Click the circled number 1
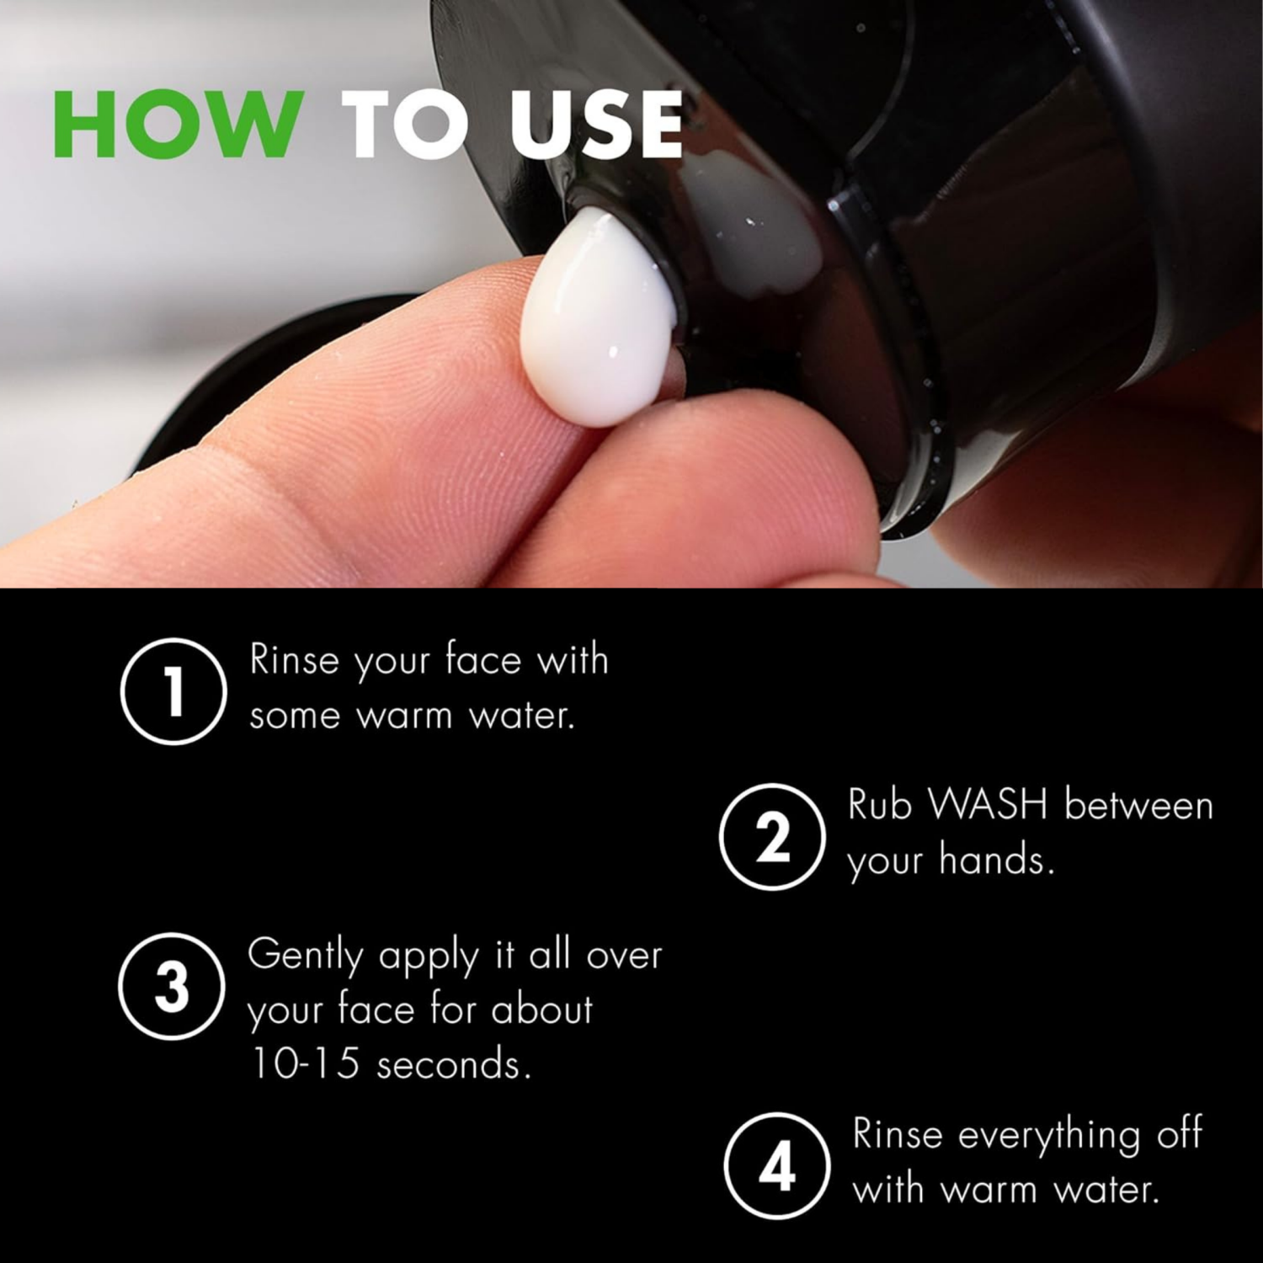(173, 691)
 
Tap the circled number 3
(173, 988)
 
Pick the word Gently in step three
(304, 957)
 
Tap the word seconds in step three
(454, 1065)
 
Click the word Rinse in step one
(293, 660)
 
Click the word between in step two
(1138, 806)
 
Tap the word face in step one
(482, 660)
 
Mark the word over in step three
(623, 957)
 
